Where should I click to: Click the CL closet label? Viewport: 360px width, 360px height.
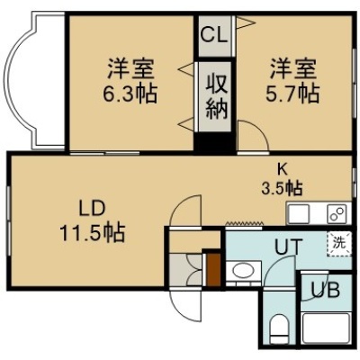[214, 35]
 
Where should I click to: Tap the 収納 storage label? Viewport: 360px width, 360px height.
[216, 97]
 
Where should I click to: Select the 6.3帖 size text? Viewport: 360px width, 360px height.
[130, 94]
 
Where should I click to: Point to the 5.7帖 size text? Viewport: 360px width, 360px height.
[292, 94]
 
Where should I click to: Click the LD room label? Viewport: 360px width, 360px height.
[92, 209]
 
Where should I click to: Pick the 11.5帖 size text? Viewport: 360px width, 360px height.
[92, 233]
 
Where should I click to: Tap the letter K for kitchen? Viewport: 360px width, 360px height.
[281, 170]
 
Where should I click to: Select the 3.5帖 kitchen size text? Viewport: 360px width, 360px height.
[282, 188]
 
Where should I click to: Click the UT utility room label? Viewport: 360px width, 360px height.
[287, 247]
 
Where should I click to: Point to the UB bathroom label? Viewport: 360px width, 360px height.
[325, 290]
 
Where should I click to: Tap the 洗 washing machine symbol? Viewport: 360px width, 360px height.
[339, 243]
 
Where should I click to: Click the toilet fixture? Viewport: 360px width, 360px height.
[279, 328]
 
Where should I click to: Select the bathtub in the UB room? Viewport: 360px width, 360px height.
[326, 328]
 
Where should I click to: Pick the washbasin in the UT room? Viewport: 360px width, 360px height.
[243, 271]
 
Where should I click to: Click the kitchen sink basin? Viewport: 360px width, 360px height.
[297, 214]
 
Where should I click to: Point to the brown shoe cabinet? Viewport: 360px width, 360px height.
[213, 270]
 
